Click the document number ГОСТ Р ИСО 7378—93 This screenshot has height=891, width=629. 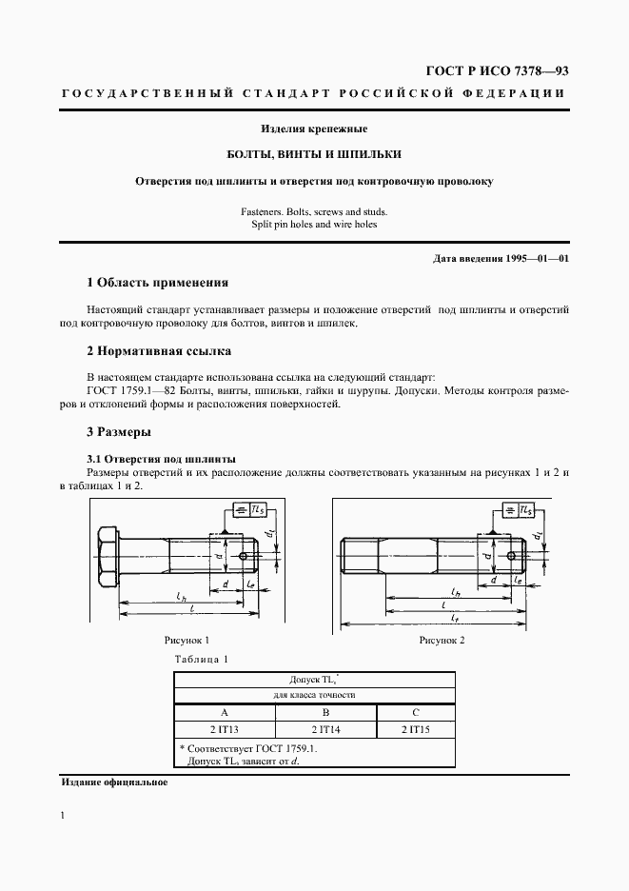[x=494, y=71]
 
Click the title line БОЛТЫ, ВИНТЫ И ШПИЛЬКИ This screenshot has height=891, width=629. [x=314, y=153]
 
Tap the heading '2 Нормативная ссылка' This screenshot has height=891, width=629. [x=158, y=351]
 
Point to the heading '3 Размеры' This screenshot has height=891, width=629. [x=119, y=432]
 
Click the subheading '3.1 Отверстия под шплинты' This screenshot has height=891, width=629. [x=161, y=459]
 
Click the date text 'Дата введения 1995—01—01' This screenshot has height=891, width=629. [x=501, y=258]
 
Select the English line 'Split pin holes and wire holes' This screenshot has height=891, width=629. [x=314, y=225]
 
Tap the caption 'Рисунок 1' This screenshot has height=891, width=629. [x=187, y=641]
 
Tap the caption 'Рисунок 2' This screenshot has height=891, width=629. [x=442, y=641]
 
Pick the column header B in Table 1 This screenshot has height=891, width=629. [x=325, y=712]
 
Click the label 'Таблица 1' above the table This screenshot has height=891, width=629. [x=202, y=659]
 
